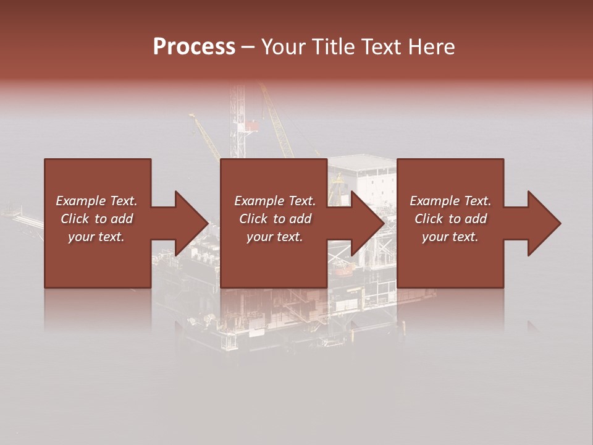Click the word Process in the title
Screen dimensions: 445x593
(x=194, y=47)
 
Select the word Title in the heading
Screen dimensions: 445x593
(x=334, y=47)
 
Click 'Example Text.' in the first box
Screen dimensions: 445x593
(x=96, y=201)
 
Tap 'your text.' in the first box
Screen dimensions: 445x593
(x=96, y=237)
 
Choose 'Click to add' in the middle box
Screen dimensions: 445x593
(x=275, y=219)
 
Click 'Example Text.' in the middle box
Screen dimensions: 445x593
(x=275, y=201)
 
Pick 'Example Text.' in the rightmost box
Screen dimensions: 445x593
(x=450, y=201)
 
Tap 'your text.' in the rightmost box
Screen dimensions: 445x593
(x=450, y=237)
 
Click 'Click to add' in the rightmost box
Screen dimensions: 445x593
(x=450, y=219)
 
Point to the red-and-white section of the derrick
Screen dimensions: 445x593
(x=250, y=126)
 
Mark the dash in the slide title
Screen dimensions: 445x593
(x=248, y=48)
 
